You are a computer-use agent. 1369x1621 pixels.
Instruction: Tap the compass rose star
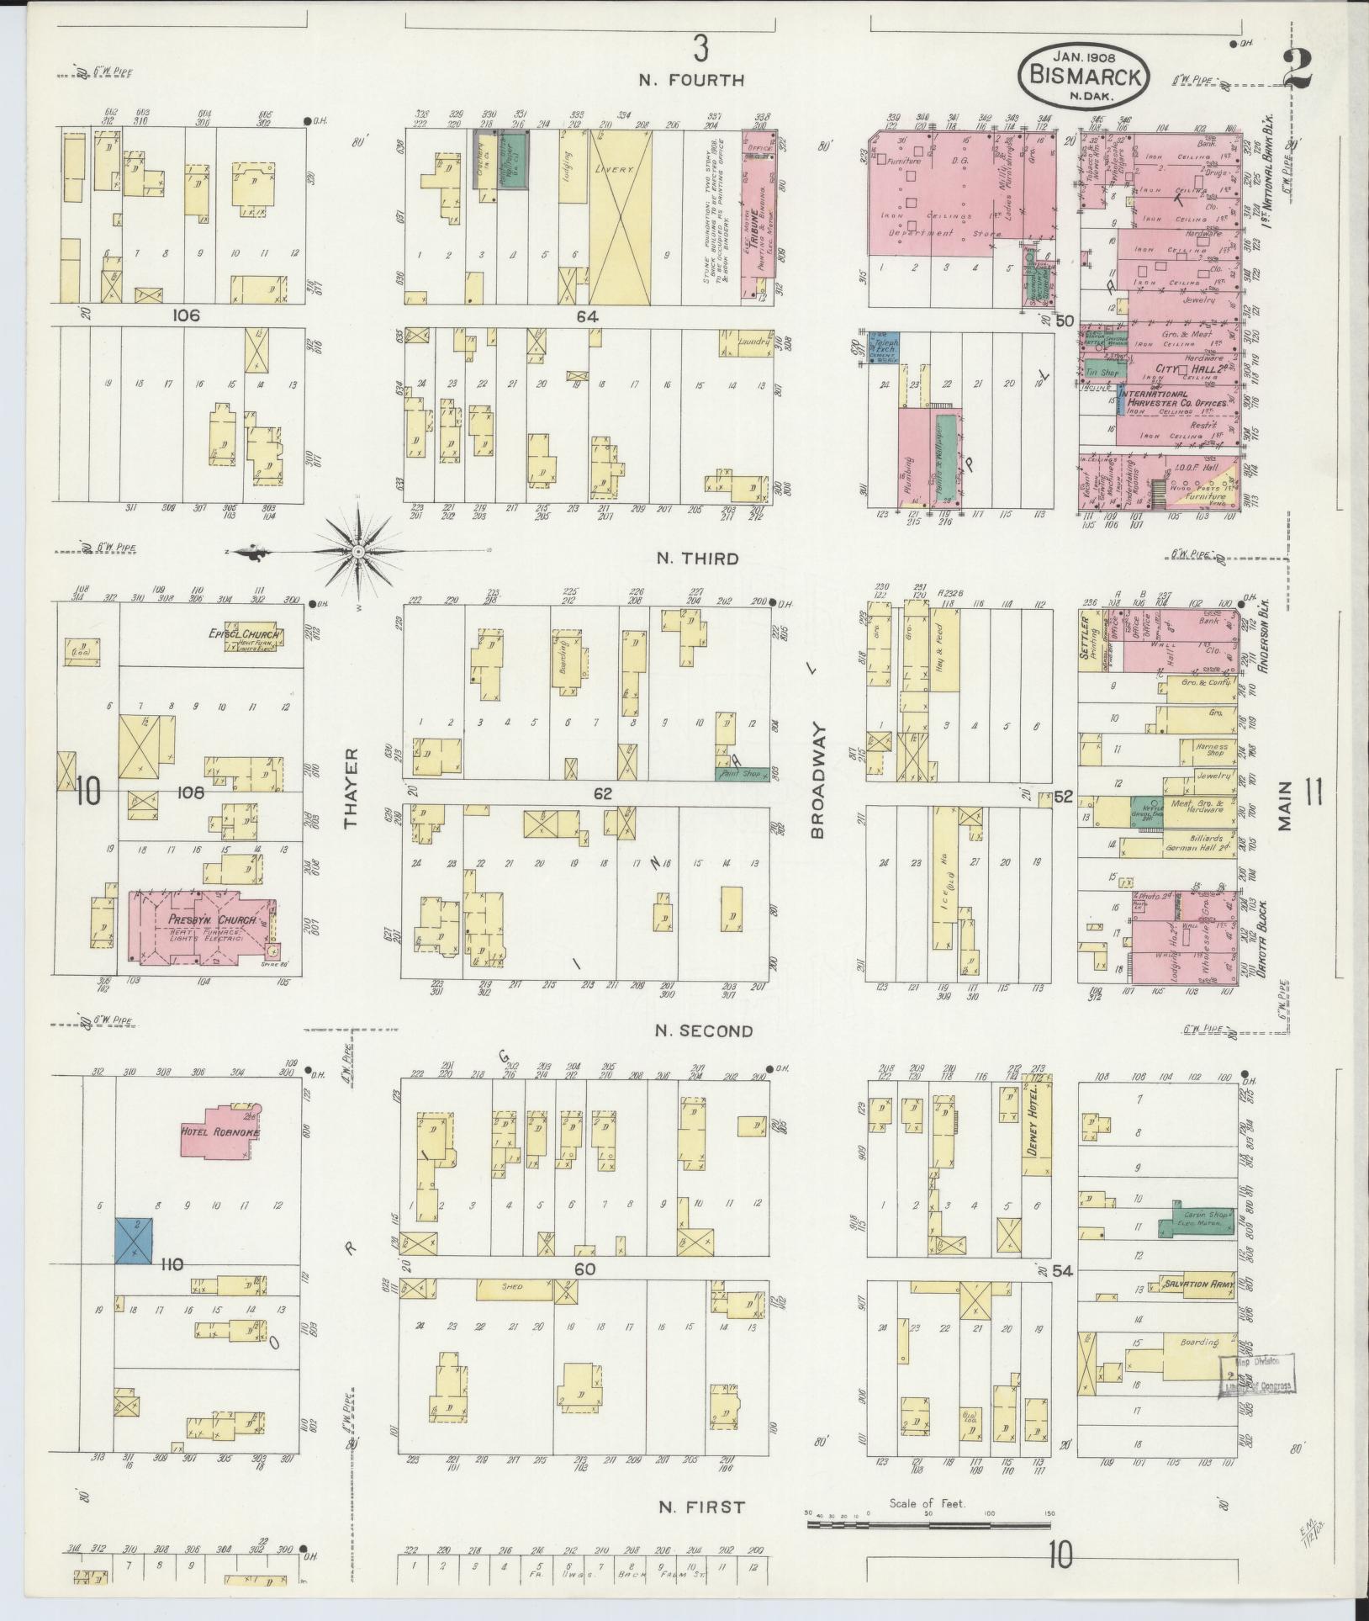pyautogui.click(x=357, y=552)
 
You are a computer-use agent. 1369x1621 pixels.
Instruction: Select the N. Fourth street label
pyautogui.click(x=691, y=81)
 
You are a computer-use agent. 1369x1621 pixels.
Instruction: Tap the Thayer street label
pyautogui.click(x=351, y=788)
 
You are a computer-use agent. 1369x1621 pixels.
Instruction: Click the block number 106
pyautogui.click(x=185, y=315)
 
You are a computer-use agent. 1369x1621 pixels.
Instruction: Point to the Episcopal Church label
pyautogui.click(x=245, y=635)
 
